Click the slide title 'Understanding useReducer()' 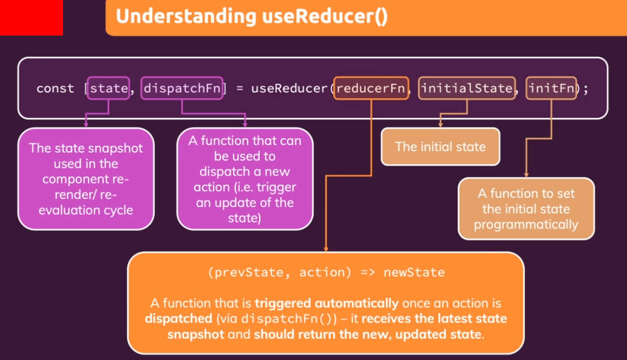(x=251, y=16)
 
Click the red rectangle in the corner (x=31, y=18)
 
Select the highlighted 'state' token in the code (x=109, y=89)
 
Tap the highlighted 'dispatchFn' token (x=182, y=89)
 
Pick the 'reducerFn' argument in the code (x=371, y=89)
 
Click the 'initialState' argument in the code (x=466, y=89)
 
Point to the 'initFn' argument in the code (x=551, y=89)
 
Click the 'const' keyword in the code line (x=55, y=89)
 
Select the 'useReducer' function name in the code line (x=290, y=89)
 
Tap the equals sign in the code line (x=239, y=89)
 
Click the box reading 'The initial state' (x=440, y=146)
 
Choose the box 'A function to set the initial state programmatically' (x=526, y=209)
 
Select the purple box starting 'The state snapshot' (x=86, y=179)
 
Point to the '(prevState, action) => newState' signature (x=326, y=272)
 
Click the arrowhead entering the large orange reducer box (x=325, y=249)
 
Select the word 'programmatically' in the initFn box (x=526, y=225)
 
